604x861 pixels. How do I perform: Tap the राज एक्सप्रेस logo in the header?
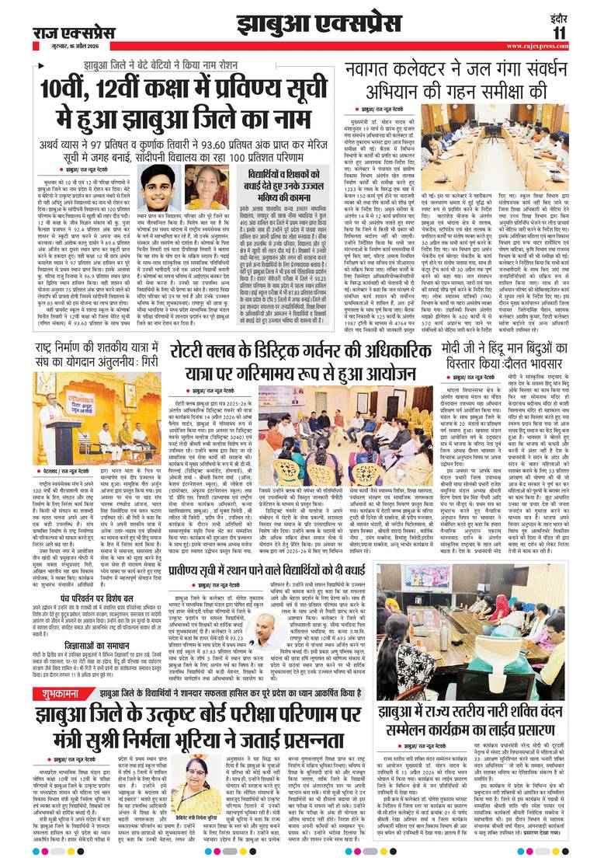click(x=75, y=32)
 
